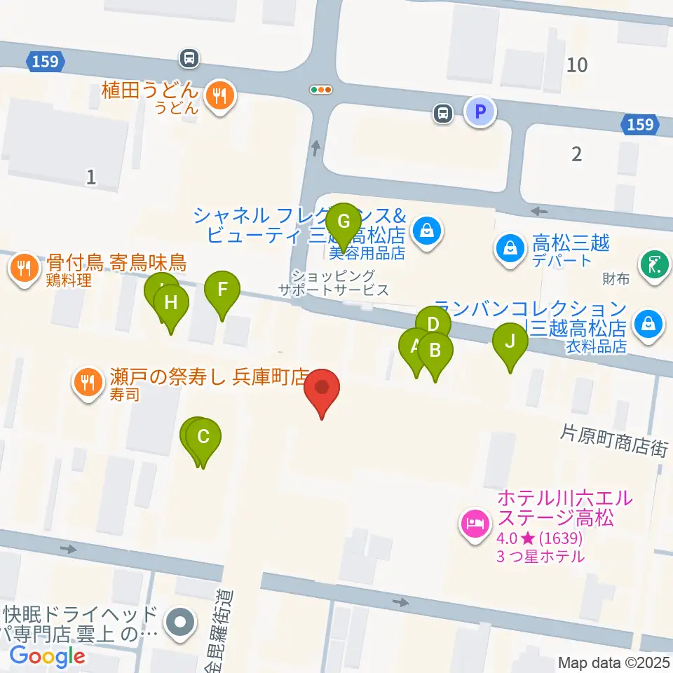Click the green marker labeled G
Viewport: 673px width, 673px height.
(344, 222)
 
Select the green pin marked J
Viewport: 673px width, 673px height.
(510, 342)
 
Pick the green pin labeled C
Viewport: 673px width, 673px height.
(203, 437)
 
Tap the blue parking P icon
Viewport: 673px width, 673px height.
(480, 111)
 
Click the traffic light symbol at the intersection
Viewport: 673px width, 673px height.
(321, 90)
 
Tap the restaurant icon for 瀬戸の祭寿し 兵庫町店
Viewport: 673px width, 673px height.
(88, 382)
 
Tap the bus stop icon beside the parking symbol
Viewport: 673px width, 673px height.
(442, 112)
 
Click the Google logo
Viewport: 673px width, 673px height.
(47, 655)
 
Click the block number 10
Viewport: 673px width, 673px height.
(577, 65)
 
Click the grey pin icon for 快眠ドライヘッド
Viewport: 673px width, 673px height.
(180, 623)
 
